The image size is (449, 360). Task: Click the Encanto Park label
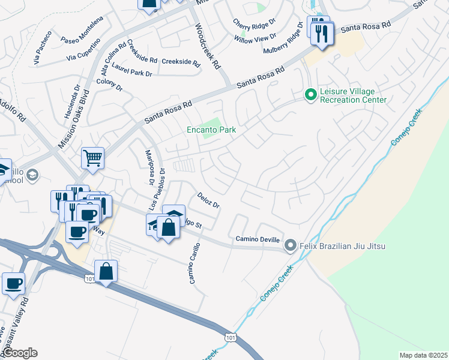pyautogui.click(x=211, y=130)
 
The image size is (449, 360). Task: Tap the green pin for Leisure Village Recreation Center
pyautogui.click(x=310, y=95)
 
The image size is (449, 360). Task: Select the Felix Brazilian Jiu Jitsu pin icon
pyautogui.click(x=291, y=245)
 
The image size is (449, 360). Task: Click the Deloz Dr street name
pyautogui.click(x=208, y=200)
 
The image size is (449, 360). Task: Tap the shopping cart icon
pyautogui.click(x=93, y=158)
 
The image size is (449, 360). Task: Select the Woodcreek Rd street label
pyautogui.click(x=208, y=46)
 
